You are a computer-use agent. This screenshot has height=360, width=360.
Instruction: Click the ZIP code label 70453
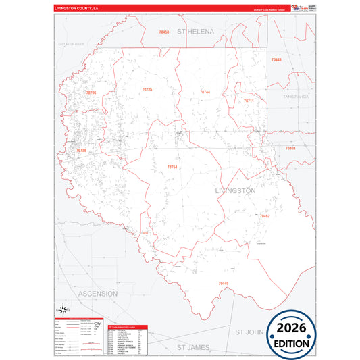pyautogui.click(x=164, y=32)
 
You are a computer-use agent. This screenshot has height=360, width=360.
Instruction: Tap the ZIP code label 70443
pyautogui.click(x=276, y=60)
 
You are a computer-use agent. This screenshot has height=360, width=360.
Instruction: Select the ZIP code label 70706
pyautogui.click(x=91, y=93)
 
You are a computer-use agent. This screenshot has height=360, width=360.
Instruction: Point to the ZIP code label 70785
pyautogui.click(x=147, y=90)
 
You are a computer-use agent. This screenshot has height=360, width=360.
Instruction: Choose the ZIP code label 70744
pyautogui.click(x=205, y=92)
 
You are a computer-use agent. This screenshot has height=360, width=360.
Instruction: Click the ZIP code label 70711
pyautogui.click(x=249, y=101)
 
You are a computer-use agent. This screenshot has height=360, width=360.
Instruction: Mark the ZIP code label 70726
pyautogui.click(x=81, y=150)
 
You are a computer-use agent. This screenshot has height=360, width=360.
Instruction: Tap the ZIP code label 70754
pyautogui.click(x=172, y=166)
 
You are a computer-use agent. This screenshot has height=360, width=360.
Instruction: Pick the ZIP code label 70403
pyautogui.click(x=290, y=147)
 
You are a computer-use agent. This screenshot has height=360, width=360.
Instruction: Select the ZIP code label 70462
pyautogui.click(x=264, y=216)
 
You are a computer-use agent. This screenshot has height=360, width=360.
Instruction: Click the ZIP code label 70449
pyautogui.click(x=224, y=283)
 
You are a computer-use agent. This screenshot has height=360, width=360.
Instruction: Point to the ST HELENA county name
pyautogui.click(x=195, y=32)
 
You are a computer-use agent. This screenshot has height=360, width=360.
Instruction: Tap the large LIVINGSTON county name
pyautogui.click(x=235, y=191)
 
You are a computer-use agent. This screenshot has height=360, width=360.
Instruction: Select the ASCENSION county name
pyautogui.click(x=98, y=294)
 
